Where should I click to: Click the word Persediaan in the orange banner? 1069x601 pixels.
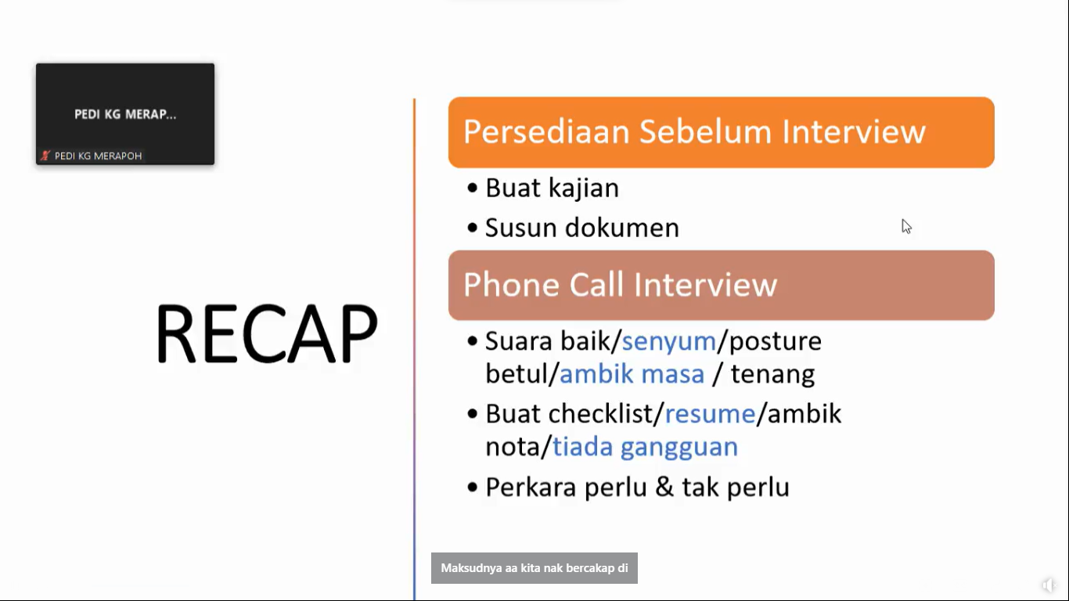(x=546, y=131)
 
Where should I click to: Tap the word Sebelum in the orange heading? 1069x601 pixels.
(x=705, y=131)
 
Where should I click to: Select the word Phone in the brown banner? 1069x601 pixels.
(x=511, y=285)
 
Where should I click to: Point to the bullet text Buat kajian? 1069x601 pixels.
(x=552, y=188)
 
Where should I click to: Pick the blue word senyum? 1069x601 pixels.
(x=669, y=342)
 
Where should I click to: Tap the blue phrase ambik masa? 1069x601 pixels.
(x=632, y=374)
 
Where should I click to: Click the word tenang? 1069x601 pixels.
(x=772, y=374)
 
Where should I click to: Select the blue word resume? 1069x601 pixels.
(x=710, y=414)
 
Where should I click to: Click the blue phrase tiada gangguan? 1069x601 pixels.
(x=645, y=448)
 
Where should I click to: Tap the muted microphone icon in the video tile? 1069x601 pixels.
(x=45, y=156)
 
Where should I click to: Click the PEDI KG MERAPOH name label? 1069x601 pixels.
(x=98, y=156)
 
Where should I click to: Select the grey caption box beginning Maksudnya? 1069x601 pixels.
(x=534, y=568)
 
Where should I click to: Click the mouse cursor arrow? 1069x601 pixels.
(x=906, y=226)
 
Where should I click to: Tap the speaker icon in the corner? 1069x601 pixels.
(x=1049, y=585)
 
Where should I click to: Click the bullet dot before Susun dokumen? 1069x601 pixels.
(x=473, y=228)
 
